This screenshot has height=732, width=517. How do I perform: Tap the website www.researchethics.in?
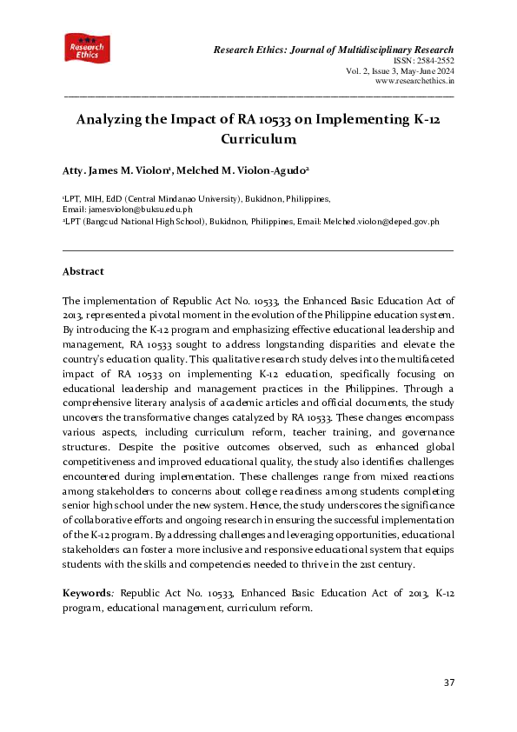pyautogui.click(x=414, y=81)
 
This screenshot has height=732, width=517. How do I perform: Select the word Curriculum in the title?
pyautogui.click(x=259, y=139)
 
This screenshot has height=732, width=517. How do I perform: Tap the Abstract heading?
pyautogui.click(x=84, y=271)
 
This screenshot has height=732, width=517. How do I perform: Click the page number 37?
pyautogui.click(x=449, y=682)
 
